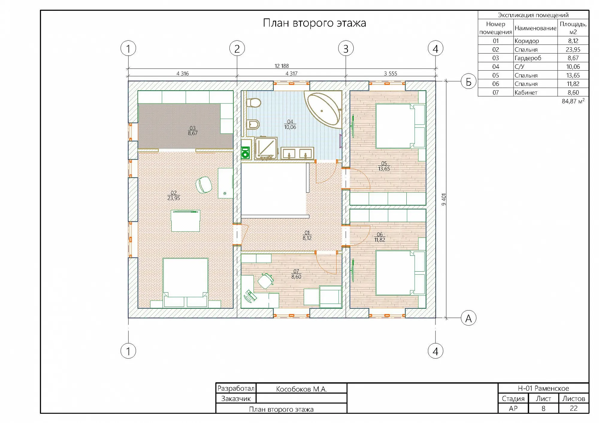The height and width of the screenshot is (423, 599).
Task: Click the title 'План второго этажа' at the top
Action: point(314,23)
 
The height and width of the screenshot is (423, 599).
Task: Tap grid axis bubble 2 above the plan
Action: point(237,48)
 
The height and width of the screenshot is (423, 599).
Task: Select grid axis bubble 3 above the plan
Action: point(346,48)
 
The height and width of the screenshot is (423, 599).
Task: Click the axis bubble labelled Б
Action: point(468,81)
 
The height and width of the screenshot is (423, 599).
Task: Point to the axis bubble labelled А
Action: point(468,318)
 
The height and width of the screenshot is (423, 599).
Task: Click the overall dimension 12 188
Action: point(282,66)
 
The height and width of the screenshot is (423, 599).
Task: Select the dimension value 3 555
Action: point(391,73)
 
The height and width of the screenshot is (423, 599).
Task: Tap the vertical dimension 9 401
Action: point(444,199)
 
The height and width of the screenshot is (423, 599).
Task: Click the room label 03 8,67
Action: point(193,130)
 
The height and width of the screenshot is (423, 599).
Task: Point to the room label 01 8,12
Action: point(307,235)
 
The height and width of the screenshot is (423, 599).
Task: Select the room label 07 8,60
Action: point(296,274)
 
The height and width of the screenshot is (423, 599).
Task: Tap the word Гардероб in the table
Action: point(528,58)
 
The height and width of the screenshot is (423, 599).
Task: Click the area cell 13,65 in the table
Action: point(573,75)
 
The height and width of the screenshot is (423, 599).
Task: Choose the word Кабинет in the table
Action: point(526,92)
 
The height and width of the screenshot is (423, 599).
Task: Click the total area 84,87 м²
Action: point(573,101)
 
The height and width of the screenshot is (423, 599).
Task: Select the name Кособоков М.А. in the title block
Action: point(301,389)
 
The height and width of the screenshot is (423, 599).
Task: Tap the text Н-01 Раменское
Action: point(543,388)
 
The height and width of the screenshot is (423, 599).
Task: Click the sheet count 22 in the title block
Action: point(574,408)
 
